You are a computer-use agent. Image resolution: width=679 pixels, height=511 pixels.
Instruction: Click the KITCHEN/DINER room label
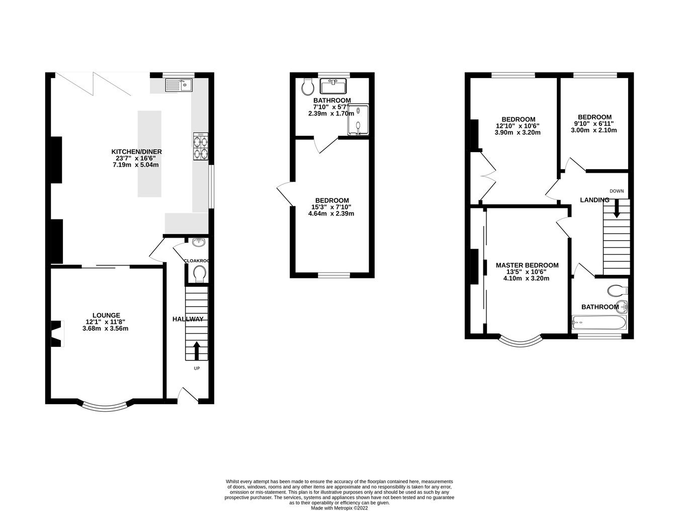[x=136, y=152]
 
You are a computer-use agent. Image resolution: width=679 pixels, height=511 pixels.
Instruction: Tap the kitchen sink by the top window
[x=177, y=86]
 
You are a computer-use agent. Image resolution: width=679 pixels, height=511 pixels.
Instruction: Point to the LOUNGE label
[x=106, y=315]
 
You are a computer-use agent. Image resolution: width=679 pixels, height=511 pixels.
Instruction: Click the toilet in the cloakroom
[x=200, y=274]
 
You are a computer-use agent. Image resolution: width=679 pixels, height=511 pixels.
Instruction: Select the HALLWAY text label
[x=188, y=319]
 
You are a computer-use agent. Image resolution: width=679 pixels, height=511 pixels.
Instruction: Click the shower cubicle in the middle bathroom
[x=358, y=120]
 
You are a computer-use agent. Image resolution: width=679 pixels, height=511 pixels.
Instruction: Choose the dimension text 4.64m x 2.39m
[x=331, y=213]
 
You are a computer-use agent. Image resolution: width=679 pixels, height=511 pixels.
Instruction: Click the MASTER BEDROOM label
[x=527, y=265]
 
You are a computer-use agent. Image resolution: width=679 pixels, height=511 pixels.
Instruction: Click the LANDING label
[x=595, y=200]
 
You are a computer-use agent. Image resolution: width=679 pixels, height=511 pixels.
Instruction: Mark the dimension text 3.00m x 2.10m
[x=593, y=130]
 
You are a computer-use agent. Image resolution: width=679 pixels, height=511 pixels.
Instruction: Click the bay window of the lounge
[x=106, y=407]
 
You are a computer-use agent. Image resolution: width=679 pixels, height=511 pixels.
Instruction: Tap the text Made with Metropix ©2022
[x=339, y=508]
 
